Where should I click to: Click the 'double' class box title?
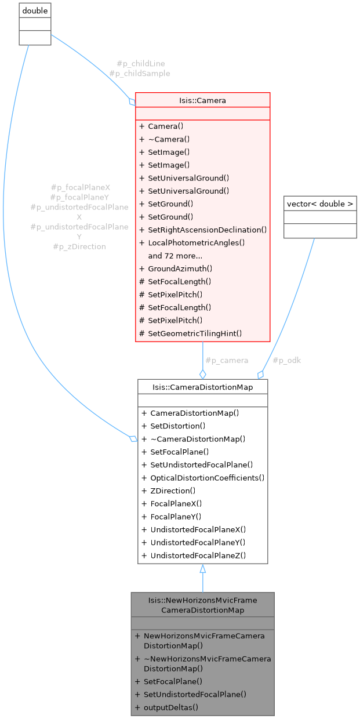pos(35,10)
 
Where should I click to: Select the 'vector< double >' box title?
pos(320,204)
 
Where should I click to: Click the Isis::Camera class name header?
pos(202,100)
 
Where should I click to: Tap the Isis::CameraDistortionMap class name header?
pos(202,387)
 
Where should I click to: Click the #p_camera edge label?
pos(226,360)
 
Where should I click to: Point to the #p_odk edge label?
pos(286,360)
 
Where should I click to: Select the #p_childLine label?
pos(136,63)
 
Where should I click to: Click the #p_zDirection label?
pos(79,246)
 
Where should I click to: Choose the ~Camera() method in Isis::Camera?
pos(169,139)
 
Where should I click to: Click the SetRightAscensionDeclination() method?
pos(207,230)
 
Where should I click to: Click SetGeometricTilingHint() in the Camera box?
pos(194,333)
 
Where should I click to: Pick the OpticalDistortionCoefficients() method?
pos(207,478)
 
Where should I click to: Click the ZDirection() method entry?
pos(173,491)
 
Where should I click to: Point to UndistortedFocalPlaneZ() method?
pos(198,555)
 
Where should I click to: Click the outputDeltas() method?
pos(170,707)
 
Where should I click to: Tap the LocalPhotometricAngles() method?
pos(197,242)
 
